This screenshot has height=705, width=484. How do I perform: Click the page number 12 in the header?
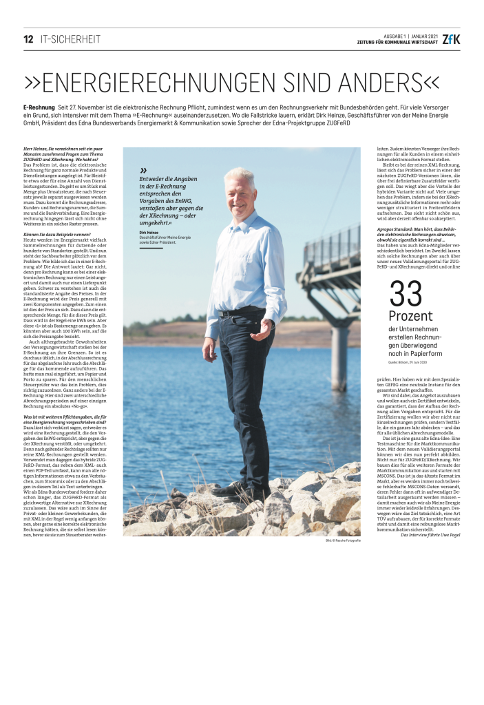(x=28, y=39)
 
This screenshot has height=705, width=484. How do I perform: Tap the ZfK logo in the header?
(x=452, y=39)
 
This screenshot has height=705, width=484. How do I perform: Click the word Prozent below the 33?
(x=411, y=317)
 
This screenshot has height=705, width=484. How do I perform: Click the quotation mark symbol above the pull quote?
(x=143, y=170)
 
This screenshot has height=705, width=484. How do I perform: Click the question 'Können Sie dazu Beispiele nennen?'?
(x=57, y=235)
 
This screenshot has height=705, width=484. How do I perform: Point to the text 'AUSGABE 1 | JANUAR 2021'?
(x=410, y=35)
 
